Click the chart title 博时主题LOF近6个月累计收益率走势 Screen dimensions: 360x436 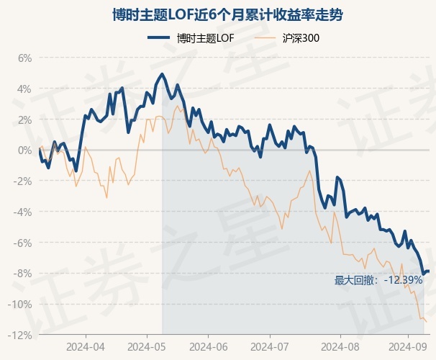(x=217, y=14)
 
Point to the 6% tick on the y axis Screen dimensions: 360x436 (x=24, y=58)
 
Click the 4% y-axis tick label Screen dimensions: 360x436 (x=24, y=89)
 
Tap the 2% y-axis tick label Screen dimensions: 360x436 (x=24, y=120)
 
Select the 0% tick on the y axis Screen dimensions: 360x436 (x=24, y=150)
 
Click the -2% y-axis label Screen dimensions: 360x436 (x=22, y=181)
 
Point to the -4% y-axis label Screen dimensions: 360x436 (x=22, y=212)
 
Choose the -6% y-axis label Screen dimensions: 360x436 (x=22, y=243)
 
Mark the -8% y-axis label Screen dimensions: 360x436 (x=22, y=274)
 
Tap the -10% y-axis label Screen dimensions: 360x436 (x=20, y=305)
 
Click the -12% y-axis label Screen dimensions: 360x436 (x=20, y=335)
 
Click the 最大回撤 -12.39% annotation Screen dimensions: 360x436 (x=378, y=280)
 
